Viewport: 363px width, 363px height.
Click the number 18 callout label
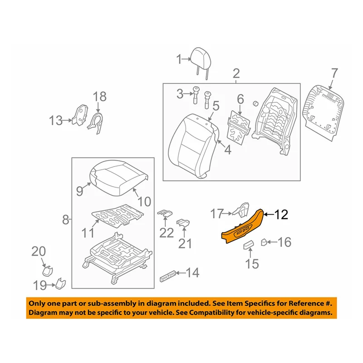point(99,96)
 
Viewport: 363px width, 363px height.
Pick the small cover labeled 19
point(60,284)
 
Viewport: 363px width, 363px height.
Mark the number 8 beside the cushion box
point(66,221)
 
